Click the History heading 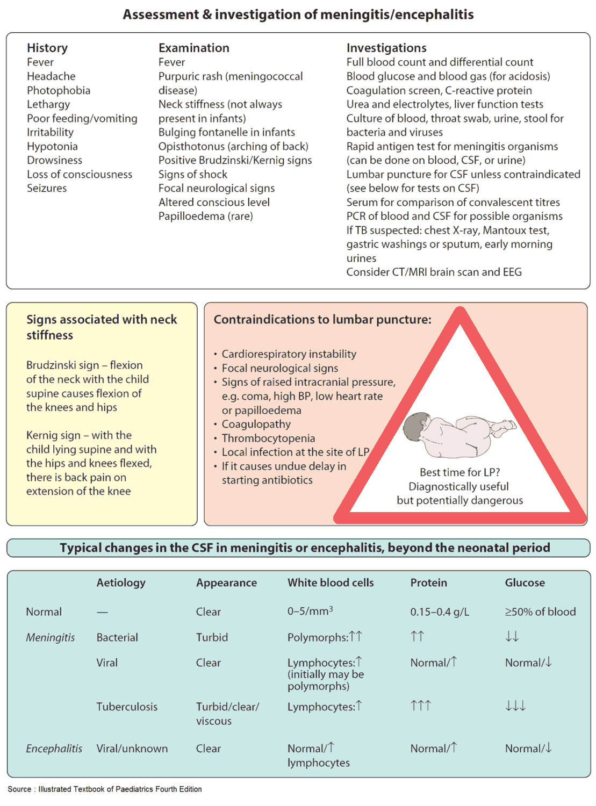tap(47, 48)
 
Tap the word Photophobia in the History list tap(59, 90)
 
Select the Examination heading tap(193, 48)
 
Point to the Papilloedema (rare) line tap(205, 216)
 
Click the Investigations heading tap(386, 48)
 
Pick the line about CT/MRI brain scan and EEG tap(434, 272)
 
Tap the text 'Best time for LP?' tap(459, 472)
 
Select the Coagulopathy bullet tap(256, 424)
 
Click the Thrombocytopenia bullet tap(268, 438)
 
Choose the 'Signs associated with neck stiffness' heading tap(102, 327)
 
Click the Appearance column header tap(226, 582)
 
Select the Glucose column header tap(525, 582)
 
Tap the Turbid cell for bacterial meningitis tap(212, 637)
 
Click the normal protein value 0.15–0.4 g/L tap(440, 611)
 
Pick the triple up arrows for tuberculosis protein tap(421, 706)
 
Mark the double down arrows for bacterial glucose tap(512, 637)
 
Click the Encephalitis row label tap(54, 749)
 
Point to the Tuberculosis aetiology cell tap(127, 707)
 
